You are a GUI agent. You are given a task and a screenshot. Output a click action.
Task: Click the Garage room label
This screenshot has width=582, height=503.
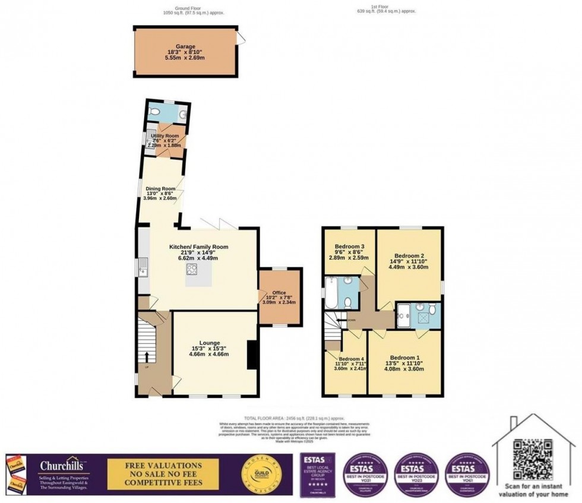point(185,46)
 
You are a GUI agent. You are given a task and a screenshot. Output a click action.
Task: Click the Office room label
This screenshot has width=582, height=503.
point(279,293)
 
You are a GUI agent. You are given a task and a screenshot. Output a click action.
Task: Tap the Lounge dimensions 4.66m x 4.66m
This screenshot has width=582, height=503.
point(208,355)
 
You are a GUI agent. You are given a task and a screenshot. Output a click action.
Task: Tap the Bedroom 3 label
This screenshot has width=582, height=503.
point(350,246)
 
